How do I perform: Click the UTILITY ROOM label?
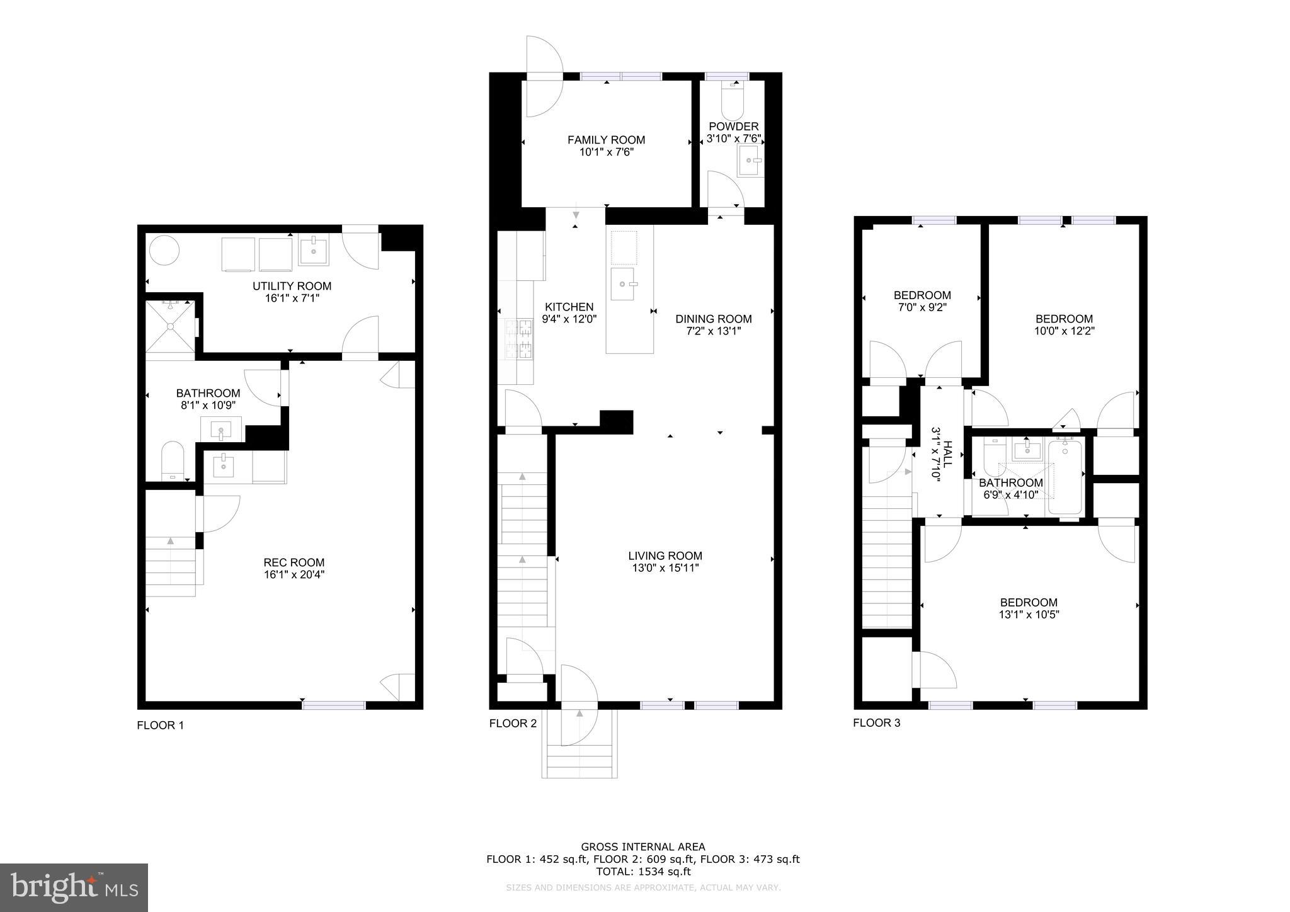[292, 286]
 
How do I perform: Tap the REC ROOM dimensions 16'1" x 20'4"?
[294, 574]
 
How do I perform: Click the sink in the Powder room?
[750, 161]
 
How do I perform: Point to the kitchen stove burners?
[517, 338]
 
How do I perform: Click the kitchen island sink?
[623, 284]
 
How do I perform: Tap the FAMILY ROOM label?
[606, 140]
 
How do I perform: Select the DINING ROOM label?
[713, 319]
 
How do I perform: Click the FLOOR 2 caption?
[513, 723]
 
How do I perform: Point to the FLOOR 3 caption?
[876, 722]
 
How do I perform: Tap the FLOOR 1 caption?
[160, 725]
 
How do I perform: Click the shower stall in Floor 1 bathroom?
[170, 326]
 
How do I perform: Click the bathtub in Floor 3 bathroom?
[1064, 477]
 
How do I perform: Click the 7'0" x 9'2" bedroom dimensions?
[922, 307]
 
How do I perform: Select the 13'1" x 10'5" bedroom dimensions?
[1029, 614]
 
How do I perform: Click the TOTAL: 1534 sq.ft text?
[643, 872]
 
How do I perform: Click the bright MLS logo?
[74, 887]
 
